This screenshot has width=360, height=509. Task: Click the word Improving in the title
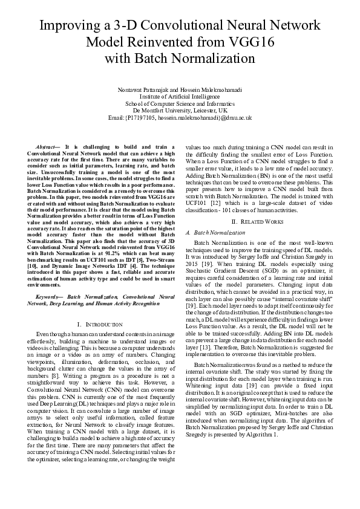coord(71,26)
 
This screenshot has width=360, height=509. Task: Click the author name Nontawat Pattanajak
coord(143,90)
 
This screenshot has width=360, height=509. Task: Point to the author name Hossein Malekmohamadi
coord(212,90)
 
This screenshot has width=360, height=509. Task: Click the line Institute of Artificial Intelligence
coord(180,97)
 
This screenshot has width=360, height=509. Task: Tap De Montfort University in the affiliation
coord(166,111)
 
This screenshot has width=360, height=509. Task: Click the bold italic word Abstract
coord(47,147)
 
